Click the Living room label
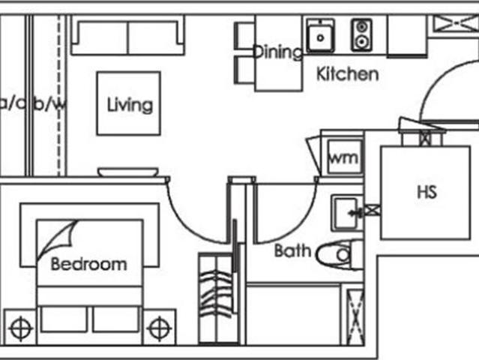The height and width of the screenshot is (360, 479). (130, 104)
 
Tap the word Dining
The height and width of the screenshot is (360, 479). (277, 52)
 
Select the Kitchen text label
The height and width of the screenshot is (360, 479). (347, 74)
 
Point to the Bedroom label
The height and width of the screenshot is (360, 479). (88, 264)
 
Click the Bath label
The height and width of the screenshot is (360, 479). (292, 250)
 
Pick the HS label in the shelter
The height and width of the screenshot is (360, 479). (426, 192)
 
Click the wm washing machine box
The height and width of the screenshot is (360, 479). (343, 159)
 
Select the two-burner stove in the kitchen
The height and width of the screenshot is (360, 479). (361, 34)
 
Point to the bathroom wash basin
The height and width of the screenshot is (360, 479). (346, 213)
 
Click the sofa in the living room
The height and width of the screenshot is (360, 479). (127, 37)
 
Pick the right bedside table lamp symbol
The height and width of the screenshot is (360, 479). (158, 328)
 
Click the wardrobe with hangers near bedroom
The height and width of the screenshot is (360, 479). (215, 298)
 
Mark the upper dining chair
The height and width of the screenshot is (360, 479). (245, 36)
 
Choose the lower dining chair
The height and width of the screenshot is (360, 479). (245, 70)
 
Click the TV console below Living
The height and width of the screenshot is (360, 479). (127, 172)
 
